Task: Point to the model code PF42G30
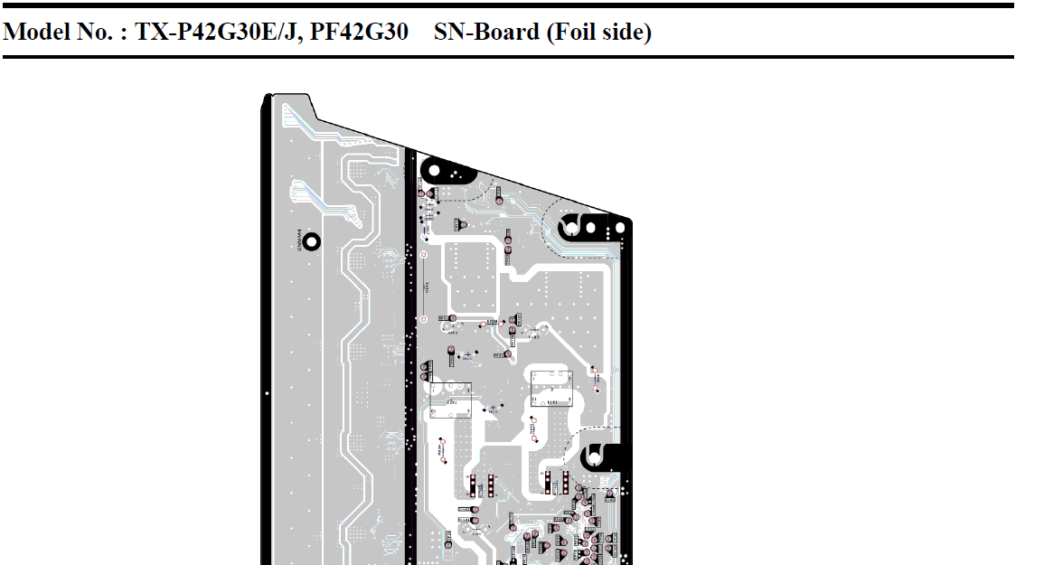359,33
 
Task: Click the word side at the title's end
626,33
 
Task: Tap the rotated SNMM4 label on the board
299,241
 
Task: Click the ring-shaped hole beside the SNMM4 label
312,241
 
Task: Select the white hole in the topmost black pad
433,169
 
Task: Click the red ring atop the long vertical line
422,255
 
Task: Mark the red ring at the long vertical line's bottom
422,319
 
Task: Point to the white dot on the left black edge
267,394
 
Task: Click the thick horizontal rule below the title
507,57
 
